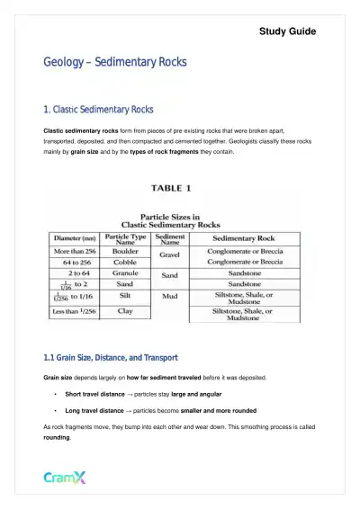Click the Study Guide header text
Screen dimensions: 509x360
[287, 31]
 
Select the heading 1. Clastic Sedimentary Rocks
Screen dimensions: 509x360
[99, 110]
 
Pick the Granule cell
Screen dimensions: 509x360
[126, 274]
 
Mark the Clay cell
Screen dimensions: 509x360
[126, 311]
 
